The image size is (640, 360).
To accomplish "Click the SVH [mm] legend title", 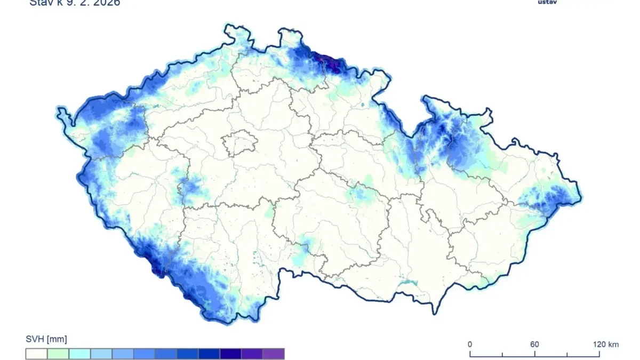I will pyautogui.click(x=46, y=339).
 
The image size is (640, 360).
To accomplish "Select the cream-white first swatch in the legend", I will pyautogui.click(x=36, y=354).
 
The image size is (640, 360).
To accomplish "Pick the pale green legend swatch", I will pyautogui.click(x=58, y=354).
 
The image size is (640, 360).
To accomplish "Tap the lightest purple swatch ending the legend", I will pyautogui.click(x=274, y=354).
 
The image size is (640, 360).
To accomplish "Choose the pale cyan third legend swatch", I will pyautogui.click(x=79, y=354).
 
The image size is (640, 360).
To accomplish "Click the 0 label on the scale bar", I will pyautogui.click(x=470, y=345).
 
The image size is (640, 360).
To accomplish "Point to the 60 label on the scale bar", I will pyautogui.click(x=534, y=345).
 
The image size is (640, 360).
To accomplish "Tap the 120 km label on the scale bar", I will pyautogui.click(x=606, y=345).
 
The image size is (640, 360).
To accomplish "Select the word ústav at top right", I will pyautogui.click(x=546, y=2).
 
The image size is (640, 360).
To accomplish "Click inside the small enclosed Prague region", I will pyautogui.click(x=240, y=142).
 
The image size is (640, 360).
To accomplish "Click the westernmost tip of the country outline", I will pyautogui.click(x=59, y=109).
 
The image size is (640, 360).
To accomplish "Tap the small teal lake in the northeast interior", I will pyautogui.click(x=362, y=106).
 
